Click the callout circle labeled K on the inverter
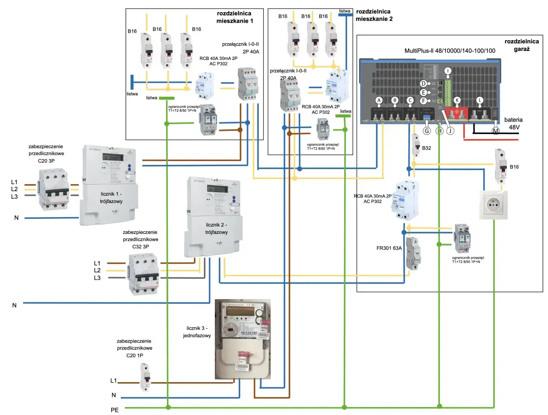[x=457, y=100]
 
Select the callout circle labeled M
[x=495, y=131]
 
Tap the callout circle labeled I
[x=447, y=71]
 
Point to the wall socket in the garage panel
[x=493, y=205]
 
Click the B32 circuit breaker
[x=415, y=146]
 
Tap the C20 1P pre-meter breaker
[x=146, y=377]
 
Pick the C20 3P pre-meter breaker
[x=54, y=189]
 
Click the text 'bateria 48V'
[x=513, y=123]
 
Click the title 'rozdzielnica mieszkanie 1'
[x=234, y=17]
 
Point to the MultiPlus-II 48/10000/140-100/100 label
[x=450, y=51]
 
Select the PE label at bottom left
[x=115, y=410]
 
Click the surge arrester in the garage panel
[x=462, y=238]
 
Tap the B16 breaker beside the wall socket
[x=500, y=166]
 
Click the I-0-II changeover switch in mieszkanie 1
[x=247, y=84]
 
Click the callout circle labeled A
[x=378, y=100]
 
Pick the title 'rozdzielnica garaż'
[x=521, y=45]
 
